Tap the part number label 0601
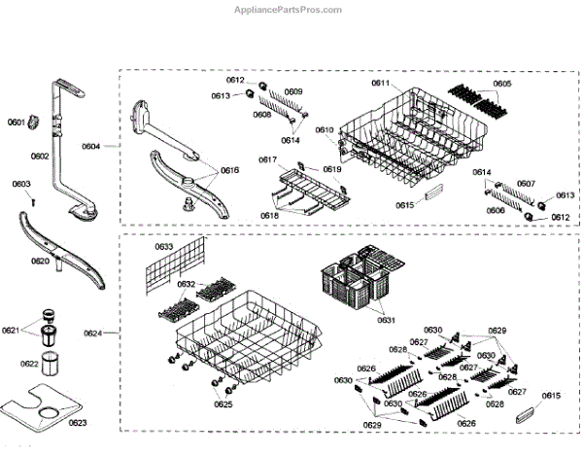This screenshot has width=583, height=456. coord(16,122)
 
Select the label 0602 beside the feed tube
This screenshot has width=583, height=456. coord(39,156)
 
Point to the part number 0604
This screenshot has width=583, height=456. coord(90,146)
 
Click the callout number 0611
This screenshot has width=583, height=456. coord(379,84)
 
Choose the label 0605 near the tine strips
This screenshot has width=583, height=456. coord(501,84)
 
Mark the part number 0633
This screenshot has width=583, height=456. coord(164,247)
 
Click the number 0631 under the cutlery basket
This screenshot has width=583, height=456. coord(386,320)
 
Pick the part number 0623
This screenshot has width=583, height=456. coord(78,421)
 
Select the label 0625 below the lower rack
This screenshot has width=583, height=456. coord(223,404)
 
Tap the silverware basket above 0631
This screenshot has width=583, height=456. coord(355,282)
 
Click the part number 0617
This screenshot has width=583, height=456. coord(267,158)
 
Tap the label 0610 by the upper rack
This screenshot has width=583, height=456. coord(324,129)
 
